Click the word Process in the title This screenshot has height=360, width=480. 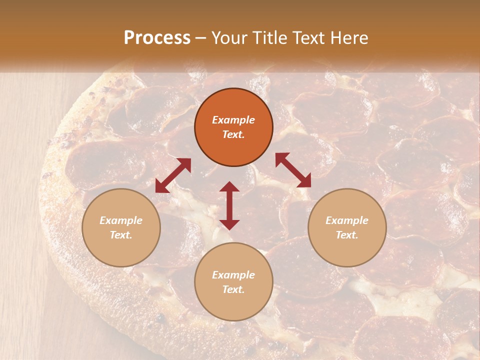point(157,38)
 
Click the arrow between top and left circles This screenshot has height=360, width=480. point(173,175)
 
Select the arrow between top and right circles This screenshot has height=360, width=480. point(293,170)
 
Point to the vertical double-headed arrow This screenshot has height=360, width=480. point(229,205)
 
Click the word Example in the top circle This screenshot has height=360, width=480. point(233,120)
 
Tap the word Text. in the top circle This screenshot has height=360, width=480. point(233,134)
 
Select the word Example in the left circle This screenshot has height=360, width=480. point(121,220)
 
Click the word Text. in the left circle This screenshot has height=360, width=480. point(121,235)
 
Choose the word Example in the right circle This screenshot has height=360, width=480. point(347,220)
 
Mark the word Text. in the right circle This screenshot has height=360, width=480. point(347,235)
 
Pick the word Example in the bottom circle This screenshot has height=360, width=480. point(233,275)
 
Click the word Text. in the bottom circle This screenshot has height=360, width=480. point(233,289)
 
